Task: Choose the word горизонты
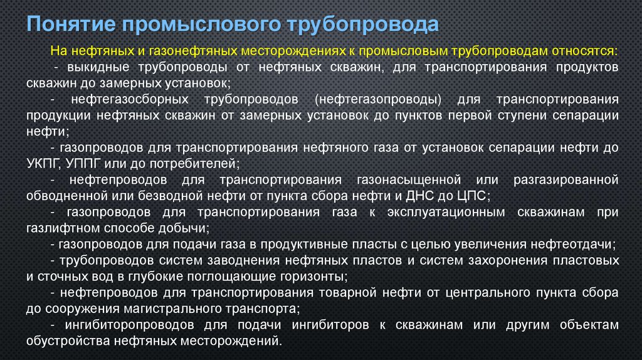point(309,275)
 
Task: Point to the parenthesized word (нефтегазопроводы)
point(379,100)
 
